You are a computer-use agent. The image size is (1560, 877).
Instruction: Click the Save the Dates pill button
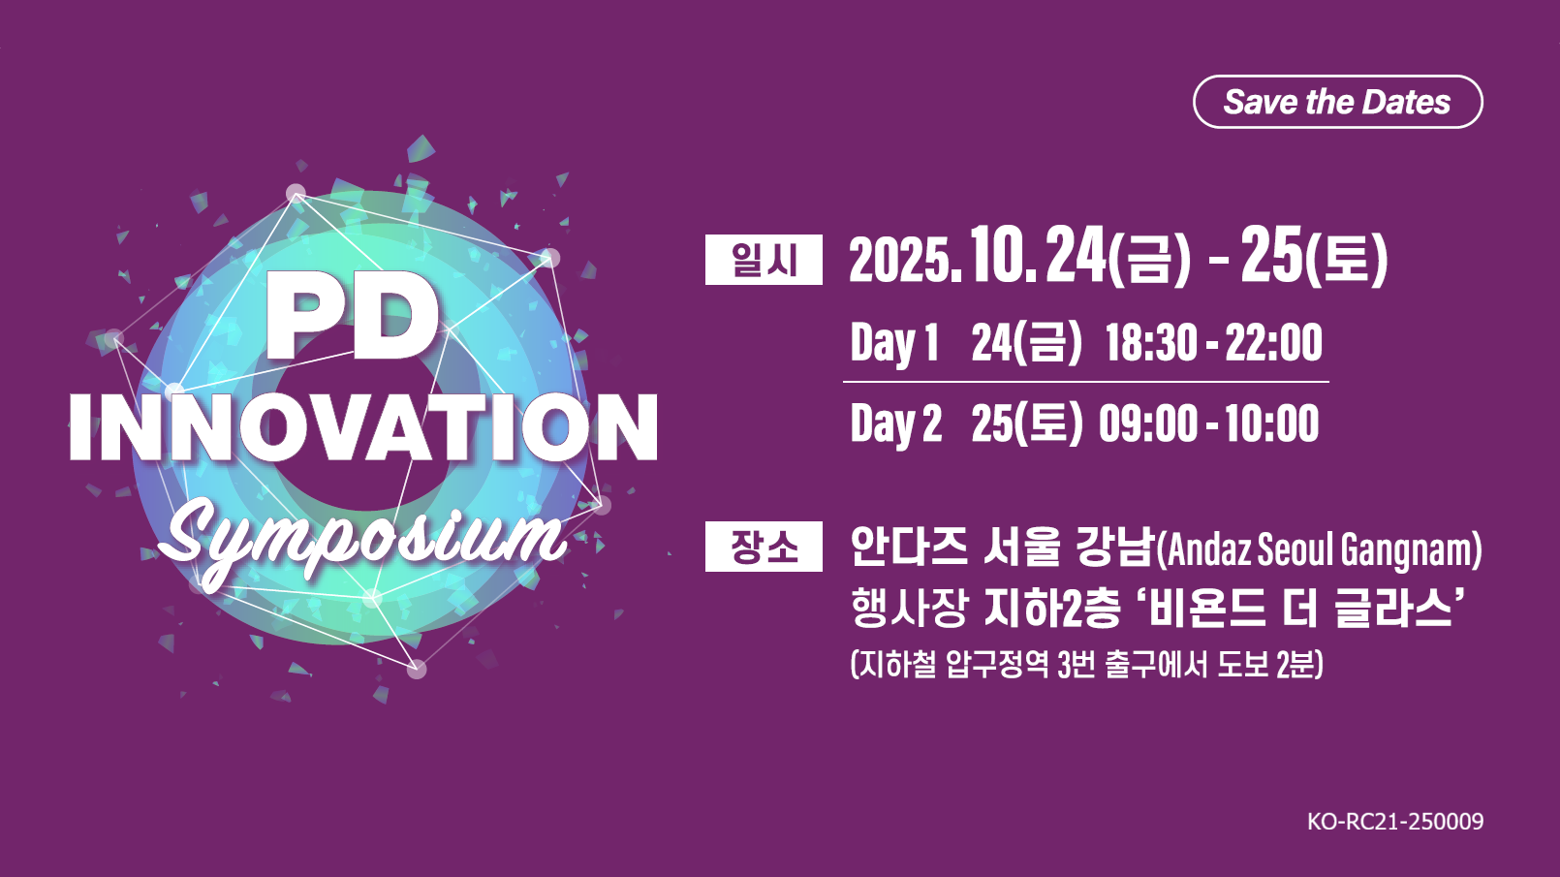tap(1338, 102)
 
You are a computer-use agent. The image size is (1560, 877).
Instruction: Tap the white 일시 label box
tap(764, 260)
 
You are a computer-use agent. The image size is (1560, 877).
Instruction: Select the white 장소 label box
tap(764, 547)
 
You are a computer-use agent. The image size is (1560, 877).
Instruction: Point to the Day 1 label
tap(895, 343)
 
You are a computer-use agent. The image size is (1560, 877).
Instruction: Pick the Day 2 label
tap(896, 423)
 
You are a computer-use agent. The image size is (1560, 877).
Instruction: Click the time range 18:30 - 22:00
tap(1214, 343)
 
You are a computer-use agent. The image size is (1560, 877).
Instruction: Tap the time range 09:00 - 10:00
tap(1209, 423)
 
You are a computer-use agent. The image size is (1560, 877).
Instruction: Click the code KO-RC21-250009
tap(1395, 822)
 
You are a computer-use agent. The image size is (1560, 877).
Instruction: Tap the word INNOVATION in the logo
tap(363, 427)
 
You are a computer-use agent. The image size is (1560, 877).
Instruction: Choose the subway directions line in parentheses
tap(1086, 665)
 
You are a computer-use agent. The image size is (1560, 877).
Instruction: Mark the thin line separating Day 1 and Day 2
tap(1086, 382)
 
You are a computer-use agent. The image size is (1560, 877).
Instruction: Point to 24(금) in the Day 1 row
tap(1026, 343)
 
